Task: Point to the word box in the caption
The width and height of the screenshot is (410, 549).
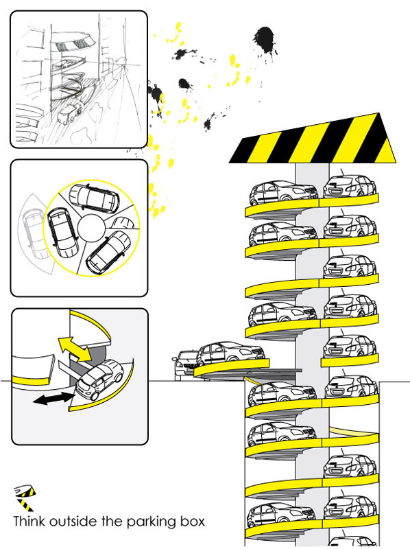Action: coord(189,521)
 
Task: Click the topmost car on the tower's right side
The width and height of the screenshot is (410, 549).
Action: coord(350,189)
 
